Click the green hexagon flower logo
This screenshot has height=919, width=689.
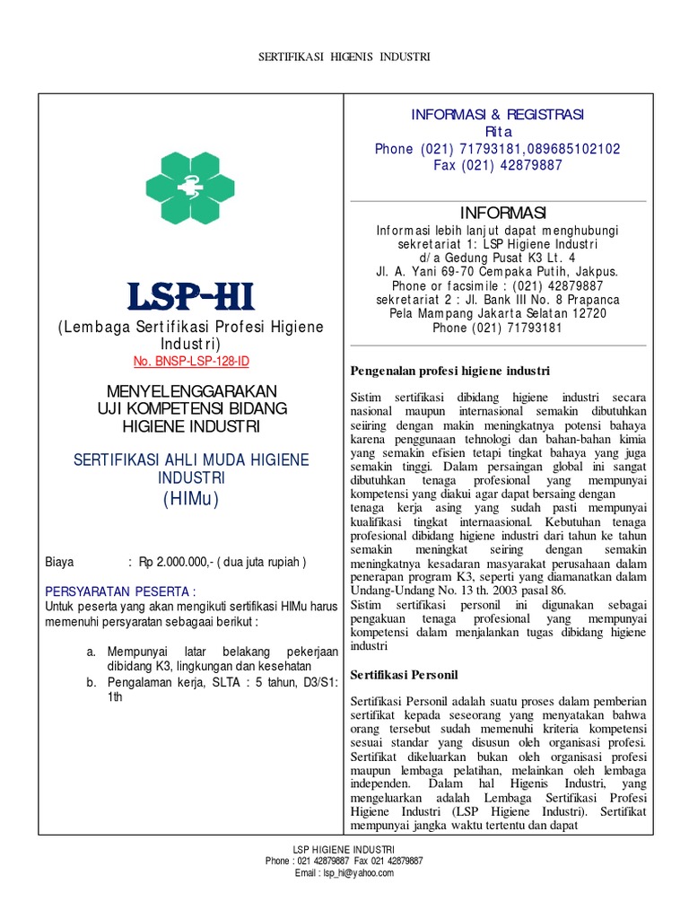[190, 188]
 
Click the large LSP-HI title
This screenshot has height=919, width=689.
[190, 297]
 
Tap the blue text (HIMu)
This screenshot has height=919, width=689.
[190, 499]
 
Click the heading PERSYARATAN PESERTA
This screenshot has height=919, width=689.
[120, 591]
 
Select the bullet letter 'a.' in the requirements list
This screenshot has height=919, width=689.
[91, 650]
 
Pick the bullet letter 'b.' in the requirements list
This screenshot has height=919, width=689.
[91, 682]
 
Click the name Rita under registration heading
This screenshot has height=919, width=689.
[497, 131]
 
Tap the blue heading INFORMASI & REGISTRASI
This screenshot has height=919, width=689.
[497, 114]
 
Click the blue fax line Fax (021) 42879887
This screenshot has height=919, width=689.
[497, 165]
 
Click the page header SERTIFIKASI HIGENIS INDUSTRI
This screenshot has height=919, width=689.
[344, 57]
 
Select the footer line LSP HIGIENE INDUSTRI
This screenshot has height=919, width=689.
[344, 849]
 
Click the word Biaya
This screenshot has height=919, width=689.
[61, 563]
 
